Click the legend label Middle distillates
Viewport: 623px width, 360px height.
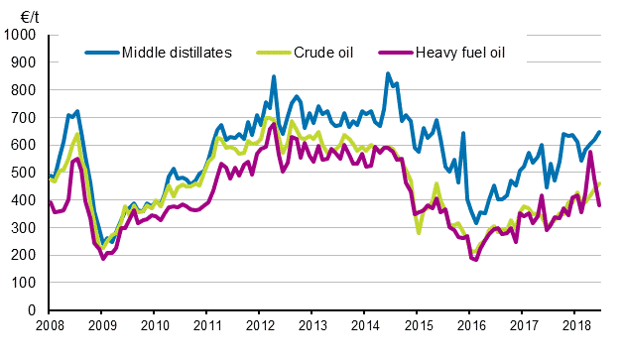(x=177, y=52)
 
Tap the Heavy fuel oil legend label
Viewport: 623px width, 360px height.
(x=461, y=52)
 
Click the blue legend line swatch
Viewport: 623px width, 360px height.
(x=102, y=52)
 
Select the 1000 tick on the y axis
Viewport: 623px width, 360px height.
(x=20, y=36)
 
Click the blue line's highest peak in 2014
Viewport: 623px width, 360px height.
(x=388, y=73)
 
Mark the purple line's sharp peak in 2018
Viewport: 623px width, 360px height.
(x=590, y=152)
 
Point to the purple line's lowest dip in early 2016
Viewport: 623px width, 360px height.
(x=476, y=259)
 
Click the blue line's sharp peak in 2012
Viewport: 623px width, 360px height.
(x=274, y=76)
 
